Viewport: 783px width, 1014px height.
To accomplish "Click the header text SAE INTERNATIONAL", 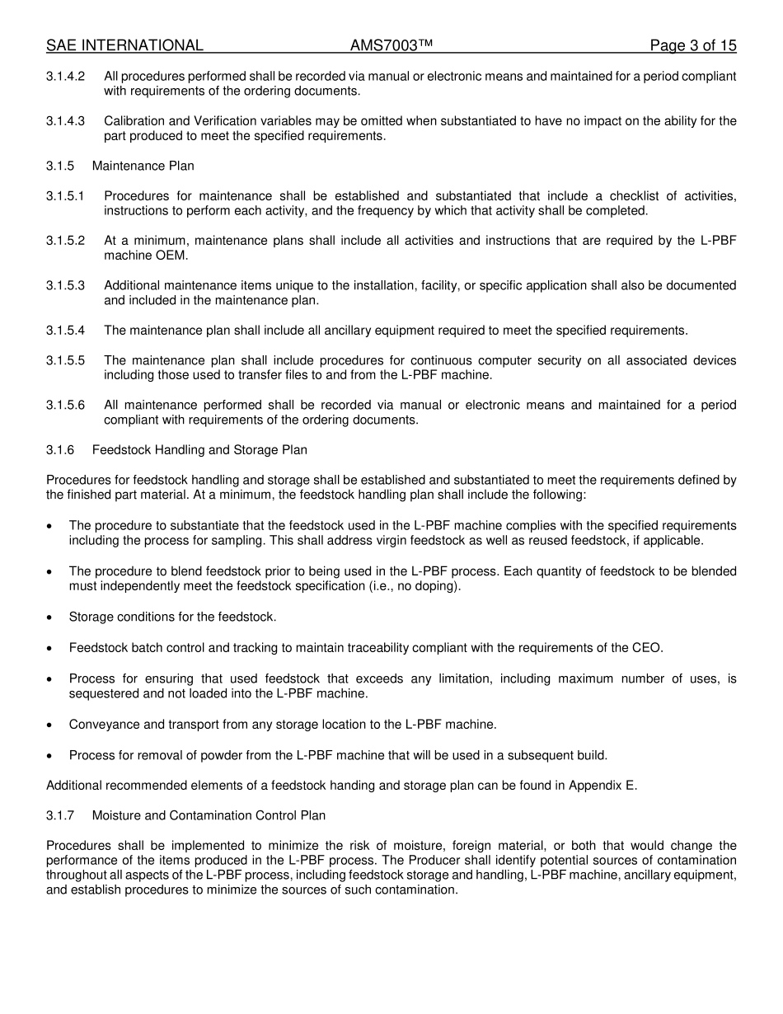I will tap(124, 45).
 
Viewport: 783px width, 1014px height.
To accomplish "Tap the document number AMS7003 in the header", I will tap(391, 45).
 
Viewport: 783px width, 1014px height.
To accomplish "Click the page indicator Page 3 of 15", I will tap(692, 45).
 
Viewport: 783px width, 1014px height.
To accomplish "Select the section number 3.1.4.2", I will tap(65, 77).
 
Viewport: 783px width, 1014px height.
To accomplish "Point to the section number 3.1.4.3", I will tap(65, 121).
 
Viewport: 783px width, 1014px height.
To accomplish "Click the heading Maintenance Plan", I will tap(143, 166).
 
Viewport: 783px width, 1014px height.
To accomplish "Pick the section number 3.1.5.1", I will tap(65, 196).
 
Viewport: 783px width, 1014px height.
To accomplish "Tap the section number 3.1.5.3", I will tap(65, 286).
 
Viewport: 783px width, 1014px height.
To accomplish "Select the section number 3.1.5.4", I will tap(65, 331).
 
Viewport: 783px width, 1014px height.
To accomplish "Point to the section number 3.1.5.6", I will tap(65, 406).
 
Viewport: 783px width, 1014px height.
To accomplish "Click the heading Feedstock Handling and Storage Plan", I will tap(199, 450).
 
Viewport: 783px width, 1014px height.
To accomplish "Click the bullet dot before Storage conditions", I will tap(51, 617).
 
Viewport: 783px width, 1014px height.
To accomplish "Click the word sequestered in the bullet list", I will tap(103, 694).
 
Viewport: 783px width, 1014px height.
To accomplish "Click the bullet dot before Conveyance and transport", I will tap(51, 725).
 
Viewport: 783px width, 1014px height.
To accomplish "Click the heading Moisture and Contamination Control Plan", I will tap(209, 815).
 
